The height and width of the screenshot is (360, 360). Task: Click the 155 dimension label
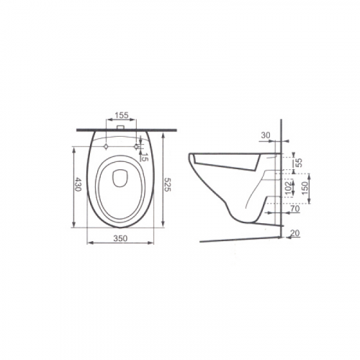(x=121, y=115)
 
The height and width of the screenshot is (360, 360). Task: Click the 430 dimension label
(x=78, y=184)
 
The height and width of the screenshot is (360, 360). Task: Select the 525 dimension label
(x=167, y=184)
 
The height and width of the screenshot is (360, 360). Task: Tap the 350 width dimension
(x=120, y=238)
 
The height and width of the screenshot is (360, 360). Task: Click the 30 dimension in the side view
(x=266, y=135)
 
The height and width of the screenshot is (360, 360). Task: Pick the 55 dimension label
(x=299, y=163)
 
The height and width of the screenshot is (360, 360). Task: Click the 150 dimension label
(x=305, y=188)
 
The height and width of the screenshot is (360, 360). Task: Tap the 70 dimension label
(x=295, y=209)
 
